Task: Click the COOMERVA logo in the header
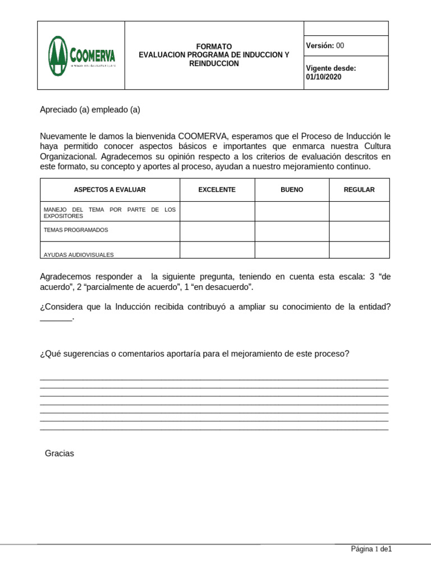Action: point(81,55)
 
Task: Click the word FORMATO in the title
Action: point(214,47)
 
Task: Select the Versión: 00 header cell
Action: point(325,45)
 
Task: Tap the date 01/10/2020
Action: point(323,77)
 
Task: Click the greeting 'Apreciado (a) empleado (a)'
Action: point(90,110)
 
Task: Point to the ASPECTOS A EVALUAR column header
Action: point(110,190)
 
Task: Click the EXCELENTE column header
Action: point(217,190)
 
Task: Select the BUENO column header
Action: point(292,190)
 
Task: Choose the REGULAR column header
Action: point(359,190)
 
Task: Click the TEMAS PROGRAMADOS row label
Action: point(76,230)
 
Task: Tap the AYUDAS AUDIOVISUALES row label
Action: point(79,254)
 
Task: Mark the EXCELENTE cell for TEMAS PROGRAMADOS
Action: point(217,231)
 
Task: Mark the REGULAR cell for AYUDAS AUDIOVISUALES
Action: point(359,250)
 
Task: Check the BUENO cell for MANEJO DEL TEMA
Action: point(292,211)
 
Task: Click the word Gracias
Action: point(59,453)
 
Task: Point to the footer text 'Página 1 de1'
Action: point(371,549)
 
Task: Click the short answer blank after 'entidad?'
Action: point(56,318)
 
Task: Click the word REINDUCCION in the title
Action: point(214,64)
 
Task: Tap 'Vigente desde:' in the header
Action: point(331,68)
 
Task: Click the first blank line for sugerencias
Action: point(214,379)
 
